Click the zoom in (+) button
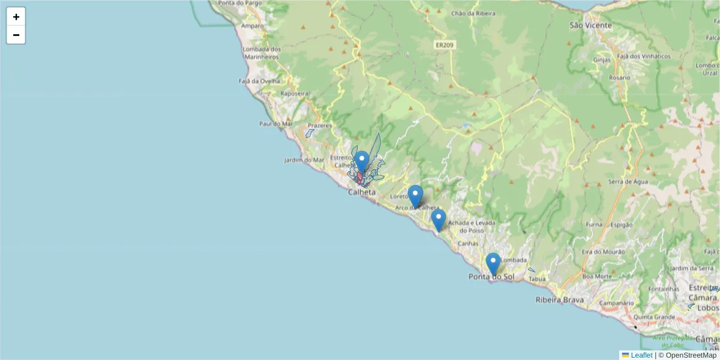16,17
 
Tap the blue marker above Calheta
361,161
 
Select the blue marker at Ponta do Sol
493,263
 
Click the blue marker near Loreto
415,196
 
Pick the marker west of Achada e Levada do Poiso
439,219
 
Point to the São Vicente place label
590,26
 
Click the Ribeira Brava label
560,299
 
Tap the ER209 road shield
445,44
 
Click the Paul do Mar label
275,124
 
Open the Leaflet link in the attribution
641,355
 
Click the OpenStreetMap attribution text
687,355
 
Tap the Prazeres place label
320,125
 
